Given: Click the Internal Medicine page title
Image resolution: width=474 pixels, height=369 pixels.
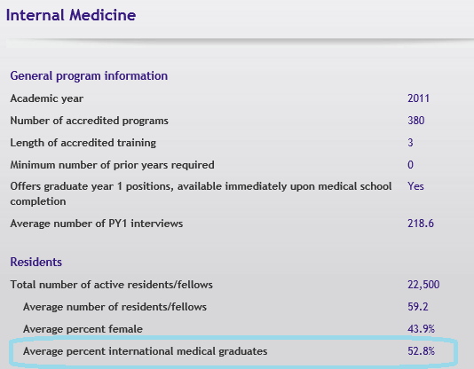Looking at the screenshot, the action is point(71,15).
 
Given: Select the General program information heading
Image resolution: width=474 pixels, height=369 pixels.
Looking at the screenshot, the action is point(89,75).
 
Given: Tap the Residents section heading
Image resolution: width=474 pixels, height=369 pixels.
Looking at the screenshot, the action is point(36,262).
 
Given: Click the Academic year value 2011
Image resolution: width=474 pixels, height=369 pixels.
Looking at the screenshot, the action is point(418,98).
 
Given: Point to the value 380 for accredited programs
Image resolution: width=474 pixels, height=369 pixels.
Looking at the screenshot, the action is point(416,121).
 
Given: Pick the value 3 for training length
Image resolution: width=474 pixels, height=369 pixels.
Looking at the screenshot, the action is point(410,143).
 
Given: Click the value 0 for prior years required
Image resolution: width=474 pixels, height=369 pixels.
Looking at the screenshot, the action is point(410,165).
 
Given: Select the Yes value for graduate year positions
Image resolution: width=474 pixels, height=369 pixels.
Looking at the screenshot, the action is point(415,186).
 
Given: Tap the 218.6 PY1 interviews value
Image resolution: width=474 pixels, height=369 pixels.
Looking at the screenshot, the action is point(421,224).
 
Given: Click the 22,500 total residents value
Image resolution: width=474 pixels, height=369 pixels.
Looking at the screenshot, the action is point(423,285).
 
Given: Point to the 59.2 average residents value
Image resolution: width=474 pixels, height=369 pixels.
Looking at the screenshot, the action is point(418,307).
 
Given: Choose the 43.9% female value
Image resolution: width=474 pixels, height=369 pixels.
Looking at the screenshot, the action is point(421,329).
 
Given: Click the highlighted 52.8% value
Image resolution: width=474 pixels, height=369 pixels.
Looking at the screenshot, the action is point(421,351).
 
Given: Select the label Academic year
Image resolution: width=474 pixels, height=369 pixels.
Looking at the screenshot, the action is point(47,98).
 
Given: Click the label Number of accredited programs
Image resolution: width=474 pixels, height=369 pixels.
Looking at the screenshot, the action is point(89,121).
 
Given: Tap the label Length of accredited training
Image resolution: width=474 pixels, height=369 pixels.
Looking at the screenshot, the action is point(83,143).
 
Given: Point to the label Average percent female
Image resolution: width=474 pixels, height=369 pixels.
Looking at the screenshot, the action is point(83,329).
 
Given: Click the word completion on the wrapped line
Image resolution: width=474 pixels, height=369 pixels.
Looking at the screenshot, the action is point(38,201).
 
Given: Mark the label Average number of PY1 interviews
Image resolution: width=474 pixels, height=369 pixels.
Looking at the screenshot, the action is point(97,224).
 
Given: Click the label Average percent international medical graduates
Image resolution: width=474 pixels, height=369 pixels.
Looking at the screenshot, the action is point(146,351).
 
